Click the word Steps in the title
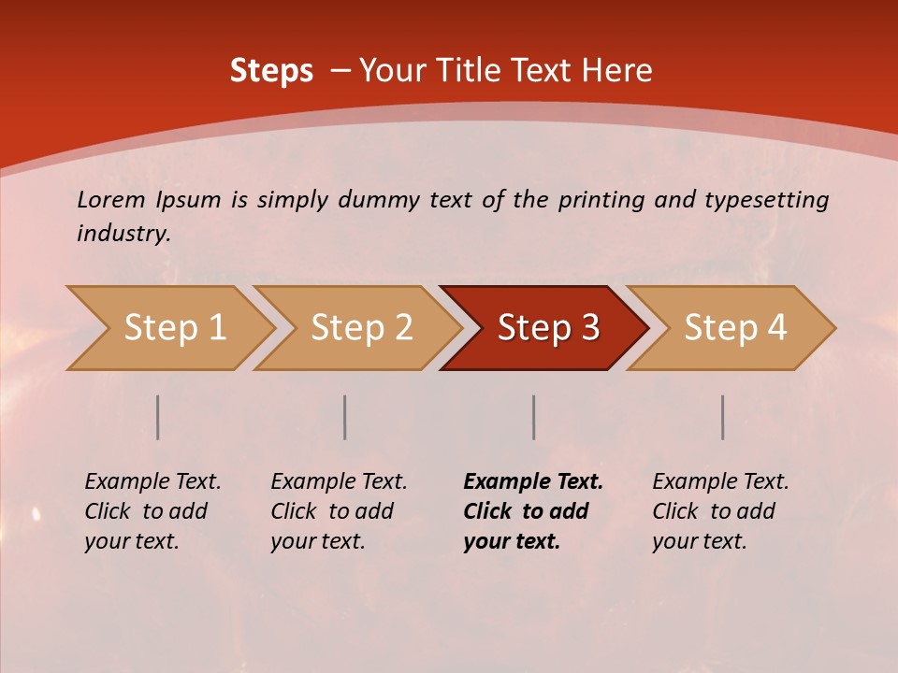pyautogui.click(x=271, y=71)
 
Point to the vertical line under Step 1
pyautogui.click(x=158, y=417)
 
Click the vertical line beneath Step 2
pyautogui.click(x=345, y=417)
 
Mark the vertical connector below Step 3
pyautogui.click(x=533, y=417)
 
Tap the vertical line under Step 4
pyautogui.click(x=723, y=417)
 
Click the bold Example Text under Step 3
pyautogui.click(x=533, y=511)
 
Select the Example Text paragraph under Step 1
pyautogui.click(x=152, y=511)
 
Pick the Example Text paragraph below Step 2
pyautogui.click(x=339, y=511)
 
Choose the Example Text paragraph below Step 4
pyautogui.click(x=720, y=511)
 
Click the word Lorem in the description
pyautogui.click(x=111, y=200)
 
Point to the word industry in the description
pyautogui.click(x=123, y=234)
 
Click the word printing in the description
pyautogui.click(x=601, y=200)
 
